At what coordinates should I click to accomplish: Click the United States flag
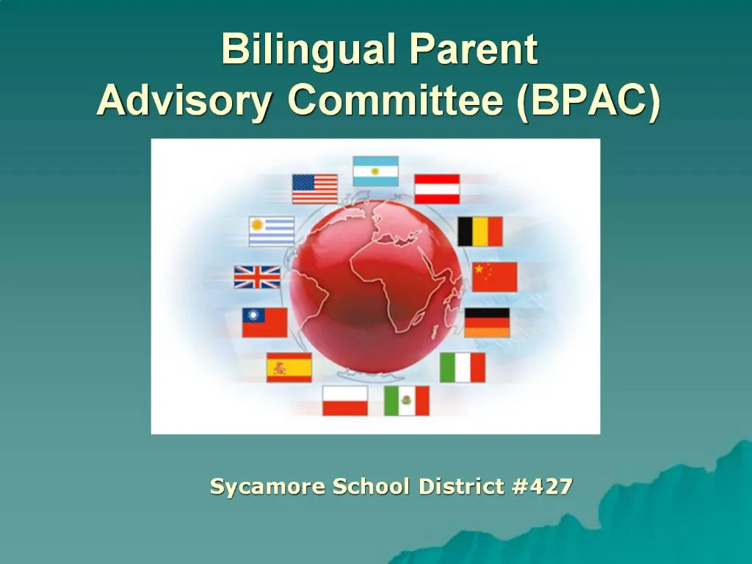pyautogui.click(x=314, y=189)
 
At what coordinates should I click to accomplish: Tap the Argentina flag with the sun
pyautogui.click(x=375, y=171)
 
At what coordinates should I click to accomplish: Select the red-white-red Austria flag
pyautogui.click(x=437, y=189)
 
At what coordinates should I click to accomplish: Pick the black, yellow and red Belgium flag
pyautogui.click(x=480, y=231)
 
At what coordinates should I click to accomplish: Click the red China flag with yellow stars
pyautogui.click(x=494, y=277)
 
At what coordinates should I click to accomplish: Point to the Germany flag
pyautogui.click(x=487, y=322)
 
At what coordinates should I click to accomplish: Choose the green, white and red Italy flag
pyautogui.click(x=463, y=367)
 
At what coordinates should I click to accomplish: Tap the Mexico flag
pyautogui.click(x=407, y=400)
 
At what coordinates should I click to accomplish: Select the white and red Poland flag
pyautogui.click(x=345, y=400)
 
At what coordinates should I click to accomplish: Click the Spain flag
pyautogui.click(x=289, y=367)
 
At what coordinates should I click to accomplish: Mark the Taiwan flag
pyautogui.click(x=264, y=322)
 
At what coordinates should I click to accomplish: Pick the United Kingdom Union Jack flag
pyautogui.click(x=257, y=277)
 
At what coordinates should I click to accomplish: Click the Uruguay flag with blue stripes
pyautogui.click(x=272, y=231)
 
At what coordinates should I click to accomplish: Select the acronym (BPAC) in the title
pyautogui.click(x=587, y=101)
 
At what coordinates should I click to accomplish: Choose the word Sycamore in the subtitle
pyautogui.click(x=267, y=486)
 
